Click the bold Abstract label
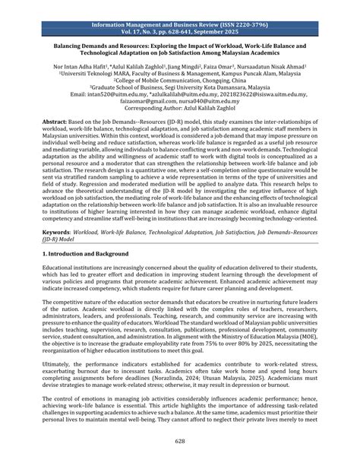click(x=55, y=121)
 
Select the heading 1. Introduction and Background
click(x=93, y=252)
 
